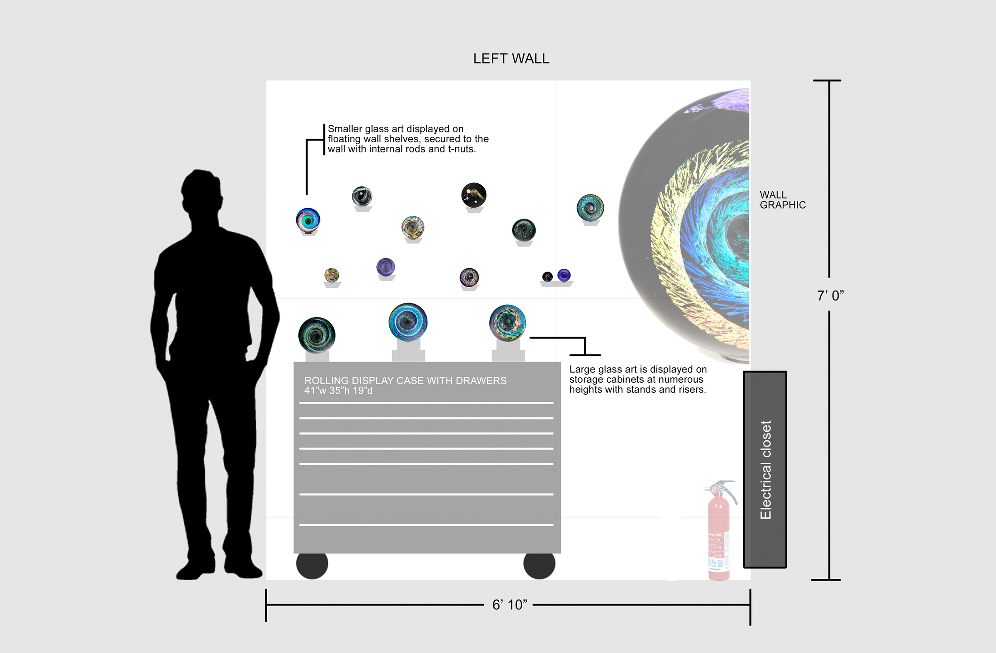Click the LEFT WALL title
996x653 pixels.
coord(511,58)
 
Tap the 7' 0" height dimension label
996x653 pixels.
coord(830,296)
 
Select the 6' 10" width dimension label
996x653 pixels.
coord(509,604)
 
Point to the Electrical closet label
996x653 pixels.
coord(765,470)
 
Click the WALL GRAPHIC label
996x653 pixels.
coord(782,200)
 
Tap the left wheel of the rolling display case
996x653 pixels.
coord(312,566)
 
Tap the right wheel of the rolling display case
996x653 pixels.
coord(539,566)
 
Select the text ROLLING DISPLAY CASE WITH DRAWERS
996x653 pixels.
coord(405,381)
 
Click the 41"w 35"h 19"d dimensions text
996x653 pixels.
coord(338,391)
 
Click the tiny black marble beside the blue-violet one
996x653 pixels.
coord(547,277)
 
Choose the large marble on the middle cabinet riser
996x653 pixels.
coord(408,322)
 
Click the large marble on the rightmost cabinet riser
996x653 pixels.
coord(508,323)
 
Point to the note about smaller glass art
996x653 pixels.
coord(408,139)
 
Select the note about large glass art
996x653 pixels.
coord(637,379)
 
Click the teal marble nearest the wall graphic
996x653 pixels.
coord(590,207)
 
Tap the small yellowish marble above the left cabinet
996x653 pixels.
coord(332,274)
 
